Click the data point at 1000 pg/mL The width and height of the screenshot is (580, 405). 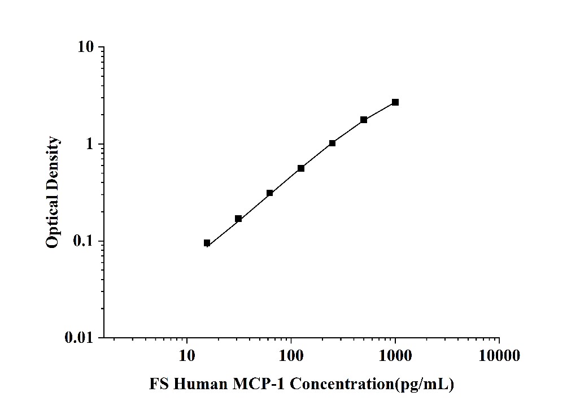(395, 102)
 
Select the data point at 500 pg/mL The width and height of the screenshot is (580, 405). (364, 120)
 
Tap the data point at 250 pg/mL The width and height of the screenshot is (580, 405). (332, 143)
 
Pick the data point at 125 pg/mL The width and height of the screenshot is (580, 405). (301, 168)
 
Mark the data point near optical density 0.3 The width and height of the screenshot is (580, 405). (270, 193)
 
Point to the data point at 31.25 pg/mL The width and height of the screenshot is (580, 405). (238, 219)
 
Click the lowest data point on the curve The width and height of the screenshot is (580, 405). (207, 243)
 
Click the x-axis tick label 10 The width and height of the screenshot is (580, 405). (187, 356)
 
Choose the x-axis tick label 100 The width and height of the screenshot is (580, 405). (291, 356)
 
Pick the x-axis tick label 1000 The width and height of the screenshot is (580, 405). (395, 356)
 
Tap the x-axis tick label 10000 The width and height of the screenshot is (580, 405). (499, 356)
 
